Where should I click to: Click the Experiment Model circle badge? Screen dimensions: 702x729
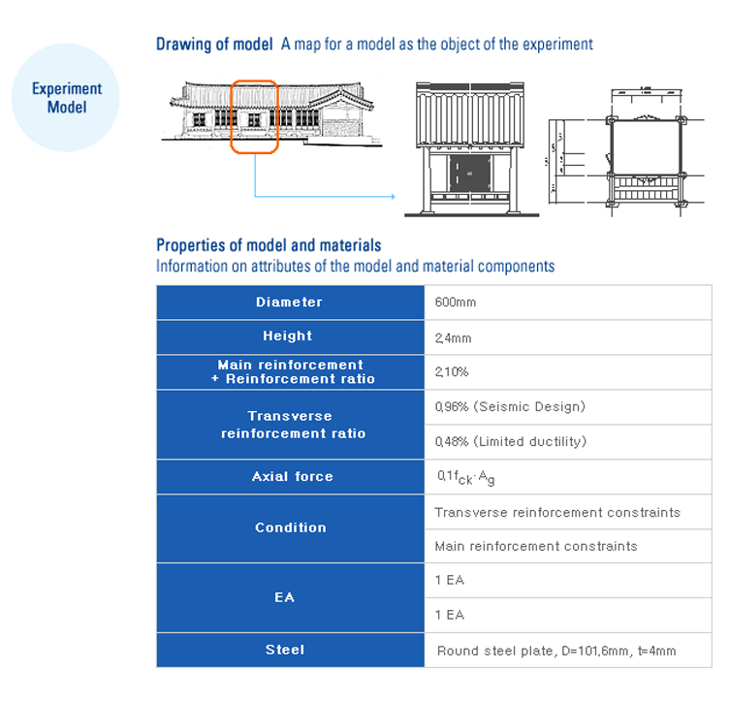(x=66, y=98)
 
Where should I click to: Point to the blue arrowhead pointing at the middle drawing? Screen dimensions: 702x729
(x=392, y=197)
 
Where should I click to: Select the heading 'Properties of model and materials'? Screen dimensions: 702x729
(x=269, y=245)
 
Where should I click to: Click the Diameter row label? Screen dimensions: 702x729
(x=290, y=302)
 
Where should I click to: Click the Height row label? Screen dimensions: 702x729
(x=288, y=336)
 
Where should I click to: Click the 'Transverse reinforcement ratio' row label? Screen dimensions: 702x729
(x=293, y=425)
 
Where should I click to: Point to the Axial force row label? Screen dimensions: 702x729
(x=292, y=476)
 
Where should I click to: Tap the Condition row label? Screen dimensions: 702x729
(x=291, y=527)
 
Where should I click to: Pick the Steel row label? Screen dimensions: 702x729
(x=284, y=650)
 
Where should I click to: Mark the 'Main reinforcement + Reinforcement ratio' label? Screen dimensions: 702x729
(x=293, y=371)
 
